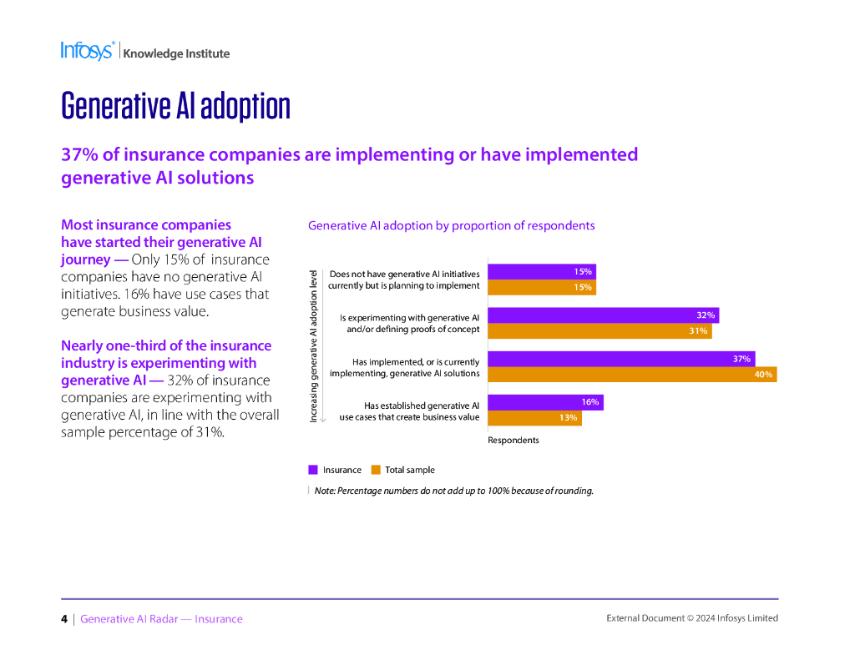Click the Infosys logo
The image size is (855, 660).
tap(87, 51)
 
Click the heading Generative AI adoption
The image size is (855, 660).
tap(175, 106)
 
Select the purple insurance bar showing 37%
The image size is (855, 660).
tap(620, 359)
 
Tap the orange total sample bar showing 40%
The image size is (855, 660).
tap(631, 375)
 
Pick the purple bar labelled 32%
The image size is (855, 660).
tap(602, 315)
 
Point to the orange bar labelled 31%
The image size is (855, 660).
tap(599, 331)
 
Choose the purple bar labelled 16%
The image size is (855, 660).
tap(544, 402)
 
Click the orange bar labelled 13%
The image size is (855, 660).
tap(534, 418)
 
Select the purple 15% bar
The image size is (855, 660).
tap(541, 272)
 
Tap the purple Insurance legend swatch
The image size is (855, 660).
tap(313, 470)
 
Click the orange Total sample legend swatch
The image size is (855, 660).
tap(375, 470)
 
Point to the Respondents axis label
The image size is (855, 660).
tap(514, 440)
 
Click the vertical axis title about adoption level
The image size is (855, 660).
tap(313, 345)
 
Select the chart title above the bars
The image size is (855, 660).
tap(451, 225)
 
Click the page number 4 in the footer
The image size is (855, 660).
tap(64, 619)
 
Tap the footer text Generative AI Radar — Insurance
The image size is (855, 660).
tap(161, 619)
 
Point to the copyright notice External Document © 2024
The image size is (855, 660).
tap(691, 618)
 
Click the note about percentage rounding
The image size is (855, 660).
tap(453, 491)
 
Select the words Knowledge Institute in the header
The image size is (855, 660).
tap(176, 53)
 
